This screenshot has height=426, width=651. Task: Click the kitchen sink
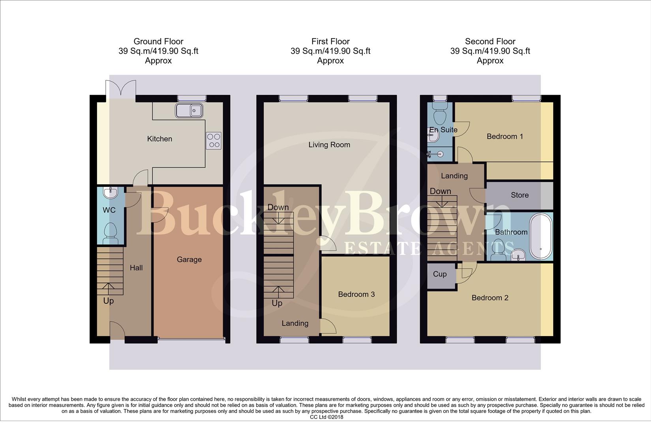(x=189, y=110)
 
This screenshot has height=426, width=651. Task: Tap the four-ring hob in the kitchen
(x=214, y=140)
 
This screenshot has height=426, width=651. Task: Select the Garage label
(x=189, y=259)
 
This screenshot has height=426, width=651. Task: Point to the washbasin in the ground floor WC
(x=110, y=192)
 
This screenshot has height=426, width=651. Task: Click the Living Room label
(x=329, y=145)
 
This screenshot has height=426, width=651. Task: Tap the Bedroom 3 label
(x=356, y=294)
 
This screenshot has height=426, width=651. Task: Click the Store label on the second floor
(x=520, y=195)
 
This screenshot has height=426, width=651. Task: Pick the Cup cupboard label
(x=440, y=274)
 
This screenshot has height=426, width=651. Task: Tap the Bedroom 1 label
(x=505, y=136)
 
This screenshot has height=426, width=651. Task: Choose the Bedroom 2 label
(x=490, y=298)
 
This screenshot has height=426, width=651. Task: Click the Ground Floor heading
(x=158, y=41)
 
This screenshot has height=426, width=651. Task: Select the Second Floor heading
(x=490, y=41)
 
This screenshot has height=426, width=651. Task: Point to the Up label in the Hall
(x=108, y=301)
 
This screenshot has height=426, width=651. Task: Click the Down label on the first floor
(x=278, y=207)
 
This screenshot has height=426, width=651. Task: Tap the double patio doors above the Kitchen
(x=121, y=88)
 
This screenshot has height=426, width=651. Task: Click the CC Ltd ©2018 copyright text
(x=326, y=417)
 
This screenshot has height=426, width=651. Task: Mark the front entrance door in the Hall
(x=117, y=331)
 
